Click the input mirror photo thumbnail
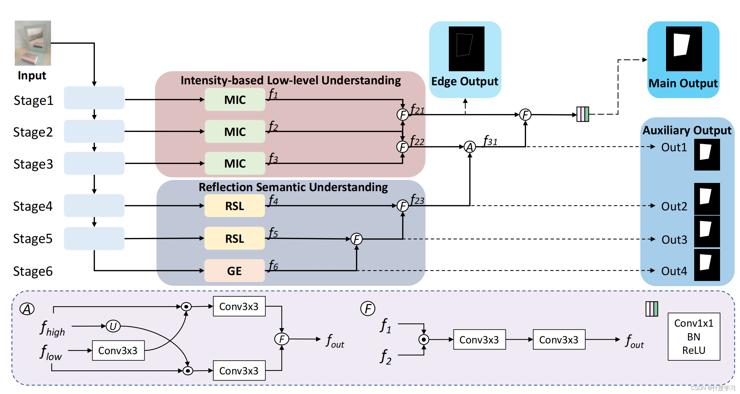click(x=33, y=43)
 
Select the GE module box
click(x=234, y=271)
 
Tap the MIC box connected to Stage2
click(x=235, y=131)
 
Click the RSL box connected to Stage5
click(x=234, y=238)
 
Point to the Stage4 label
click(x=33, y=206)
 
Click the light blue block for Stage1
click(x=94, y=98)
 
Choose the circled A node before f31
click(x=470, y=147)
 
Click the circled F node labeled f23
click(x=403, y=206)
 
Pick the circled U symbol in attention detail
click(x=113, y=326)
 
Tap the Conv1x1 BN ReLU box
click(x=694, y=337)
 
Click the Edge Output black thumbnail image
click(x=466, y=49)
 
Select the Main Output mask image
click(x=684, y=49)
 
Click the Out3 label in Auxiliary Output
click(x=674, y=240)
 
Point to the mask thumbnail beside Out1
click(x=707, y=155)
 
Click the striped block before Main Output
click(x=583, y=114)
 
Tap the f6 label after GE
click(x=273, y=266)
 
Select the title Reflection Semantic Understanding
click(x=293, y=187)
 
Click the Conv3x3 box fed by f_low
click(x=118, y=351)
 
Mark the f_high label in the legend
click(x=52, y=328)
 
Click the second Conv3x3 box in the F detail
click(x=559, y=340)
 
